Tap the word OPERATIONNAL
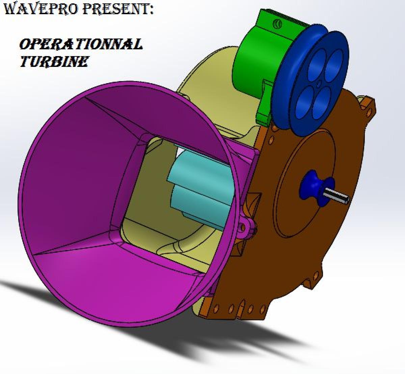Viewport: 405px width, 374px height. (x=81, y=44)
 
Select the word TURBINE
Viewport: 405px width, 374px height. (x=54, y=61)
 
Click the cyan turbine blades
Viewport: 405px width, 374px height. (x=199, y=189)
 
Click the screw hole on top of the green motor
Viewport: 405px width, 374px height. (x=278, y=23)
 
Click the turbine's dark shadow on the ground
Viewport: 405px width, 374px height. (x=202, y=341)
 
